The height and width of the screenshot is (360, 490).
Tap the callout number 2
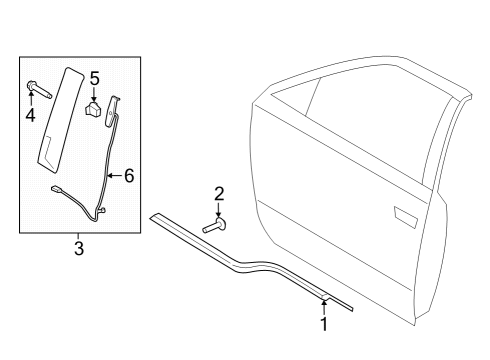pos(219,193)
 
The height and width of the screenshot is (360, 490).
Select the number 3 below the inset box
pos(79,247)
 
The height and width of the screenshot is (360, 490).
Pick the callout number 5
pos(95,77)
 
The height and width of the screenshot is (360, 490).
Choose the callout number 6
pos(128,176)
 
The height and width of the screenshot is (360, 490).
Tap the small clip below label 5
pos(95,108)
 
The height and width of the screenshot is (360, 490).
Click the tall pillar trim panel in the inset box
pos(59,115)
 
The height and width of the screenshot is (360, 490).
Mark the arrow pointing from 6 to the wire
pos(113,176)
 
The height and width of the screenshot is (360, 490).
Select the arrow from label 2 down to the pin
pos(219,208)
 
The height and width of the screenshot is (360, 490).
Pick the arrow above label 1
pos(323,304)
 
